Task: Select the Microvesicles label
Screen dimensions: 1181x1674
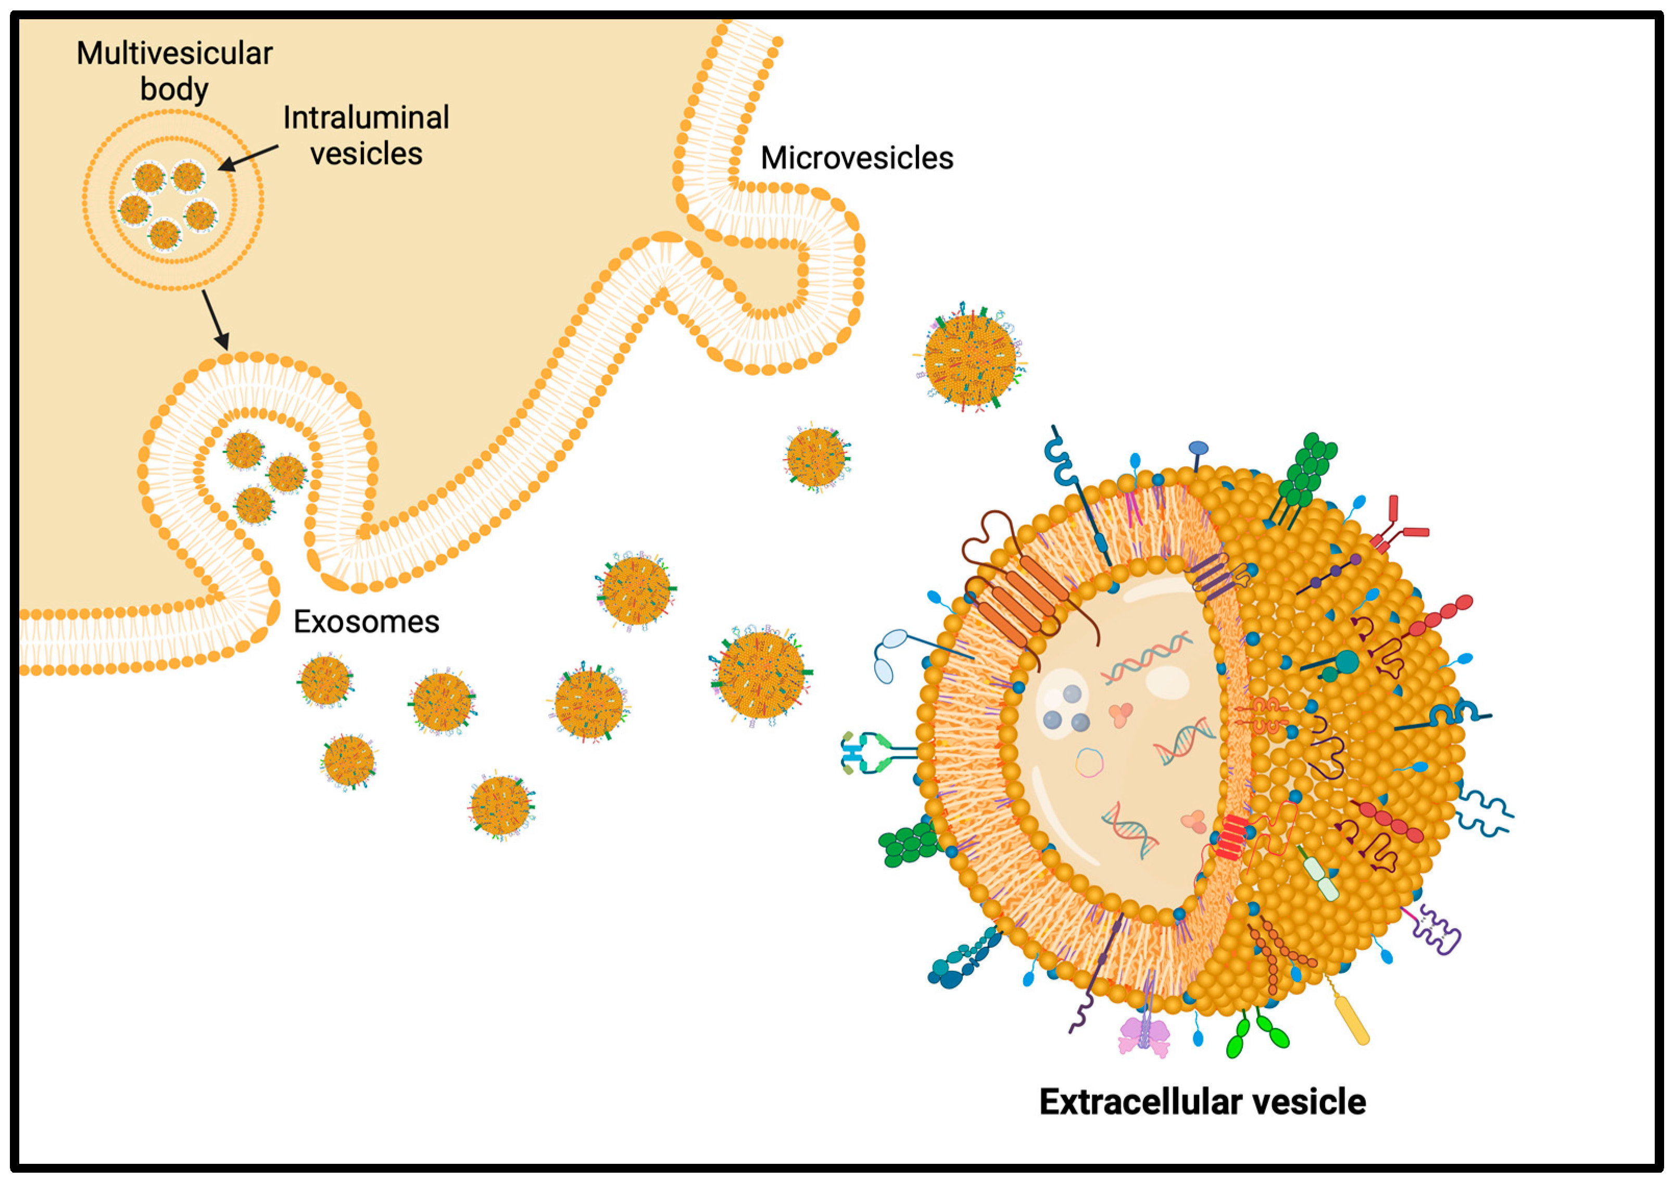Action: click(857, 158)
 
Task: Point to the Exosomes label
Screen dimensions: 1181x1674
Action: click(366, 622)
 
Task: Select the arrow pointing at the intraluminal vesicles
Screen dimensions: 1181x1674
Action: click(248, 158)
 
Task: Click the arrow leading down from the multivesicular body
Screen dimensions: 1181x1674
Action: click(215, 319)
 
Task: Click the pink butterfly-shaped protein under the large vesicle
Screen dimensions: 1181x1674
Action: click(1143, 1036)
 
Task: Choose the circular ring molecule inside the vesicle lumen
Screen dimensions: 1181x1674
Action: click(1089, 763)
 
